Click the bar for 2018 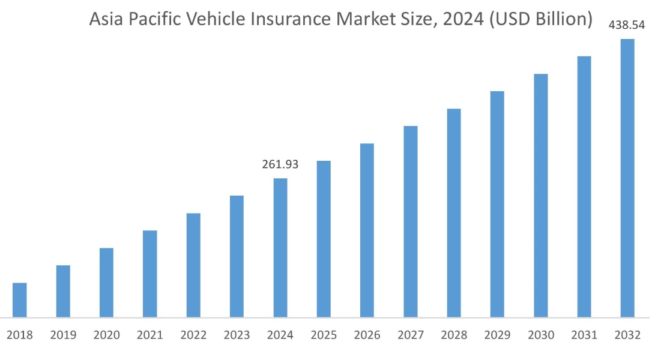(x=20, y=300)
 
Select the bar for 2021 (x=150, y=274)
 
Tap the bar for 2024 (x=280, y=247)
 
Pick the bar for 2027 (x=411, y=221)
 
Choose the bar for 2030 (x=540, y=195)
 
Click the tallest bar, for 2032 (x=627, y=178)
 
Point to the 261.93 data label (x=280, y=164)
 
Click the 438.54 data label (x=627, y=25)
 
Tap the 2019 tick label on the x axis (x=63, y=335)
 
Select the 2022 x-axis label (x=193, y=335)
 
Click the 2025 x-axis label (x=324, y=335)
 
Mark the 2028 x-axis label (x=454, y=335)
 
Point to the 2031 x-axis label (x=584, y=335)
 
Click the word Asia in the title (x=106, y=19)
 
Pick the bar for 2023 (x=237, y=256)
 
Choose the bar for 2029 (x=497, y=204)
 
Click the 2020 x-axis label (x=106, y=335)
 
